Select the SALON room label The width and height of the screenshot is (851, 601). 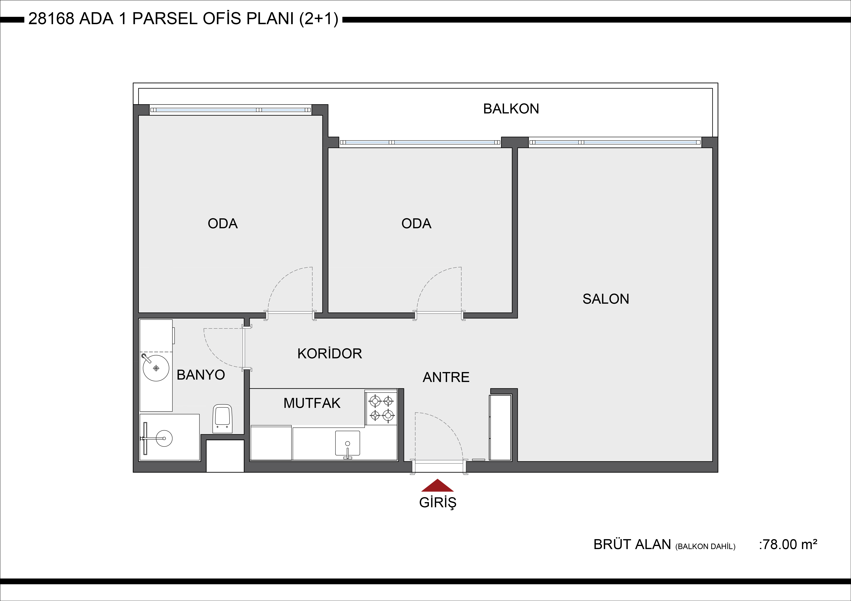click(x=606, y=299)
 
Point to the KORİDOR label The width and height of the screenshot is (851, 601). click(x=329, y=354)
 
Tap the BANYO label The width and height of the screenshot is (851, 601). click(x=201, y=375)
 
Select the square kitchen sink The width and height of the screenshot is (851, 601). click(x=347, y=443)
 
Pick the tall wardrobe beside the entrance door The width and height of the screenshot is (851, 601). click(x=500, y=428)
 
